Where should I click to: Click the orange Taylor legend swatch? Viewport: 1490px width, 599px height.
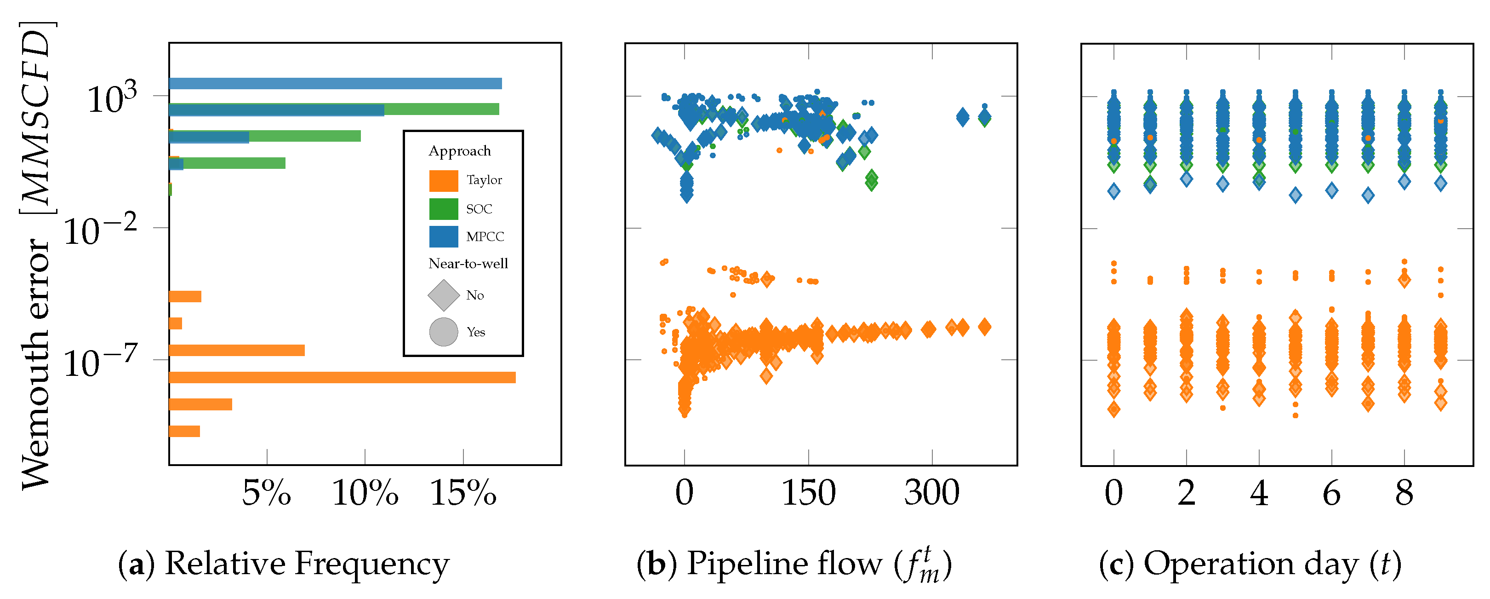pyautogui.click(x=443, y=180)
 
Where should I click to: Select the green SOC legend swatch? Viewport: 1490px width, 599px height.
pyautogui.click(x=443, y=209)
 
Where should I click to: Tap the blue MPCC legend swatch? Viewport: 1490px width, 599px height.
pyautogui.click(x=443, y=237)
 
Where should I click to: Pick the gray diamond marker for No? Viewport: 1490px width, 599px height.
pyautogui.click(x=443, y=295)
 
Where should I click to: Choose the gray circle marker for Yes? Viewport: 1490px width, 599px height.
pyautogui.click(x=443, y=332)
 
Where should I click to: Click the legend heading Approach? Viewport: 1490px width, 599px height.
pyautogui.click(x=459, y=151)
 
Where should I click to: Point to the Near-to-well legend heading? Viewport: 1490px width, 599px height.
pyautogui.click(x=468, y=264)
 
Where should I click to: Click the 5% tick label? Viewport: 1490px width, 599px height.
pyautogui.click(x=266, y=493)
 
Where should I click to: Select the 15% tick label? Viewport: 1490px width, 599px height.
pyautogui.click(x=463, y=493)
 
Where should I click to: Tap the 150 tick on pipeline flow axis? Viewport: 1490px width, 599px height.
pyautogui.click(x=808, y=493)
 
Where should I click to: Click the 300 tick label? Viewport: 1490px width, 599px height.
pyautogui.click(x=931, y=493)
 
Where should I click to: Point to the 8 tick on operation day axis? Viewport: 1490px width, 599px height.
pyautogui.click(x=1404, y=493)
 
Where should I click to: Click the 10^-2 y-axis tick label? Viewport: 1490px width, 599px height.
pyautogui.click(x=99, y=230)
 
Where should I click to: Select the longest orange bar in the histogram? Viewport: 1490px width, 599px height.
pyautogui.click(x=342, y=377)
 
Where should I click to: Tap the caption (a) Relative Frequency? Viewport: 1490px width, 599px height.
pyautogui.click(x=283, y=564)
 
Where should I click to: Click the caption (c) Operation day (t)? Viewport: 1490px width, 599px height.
pyautogui.click(x=1250, y=564)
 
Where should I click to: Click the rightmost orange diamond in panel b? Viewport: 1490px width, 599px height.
pyautogui.click(x=984, y=327)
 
